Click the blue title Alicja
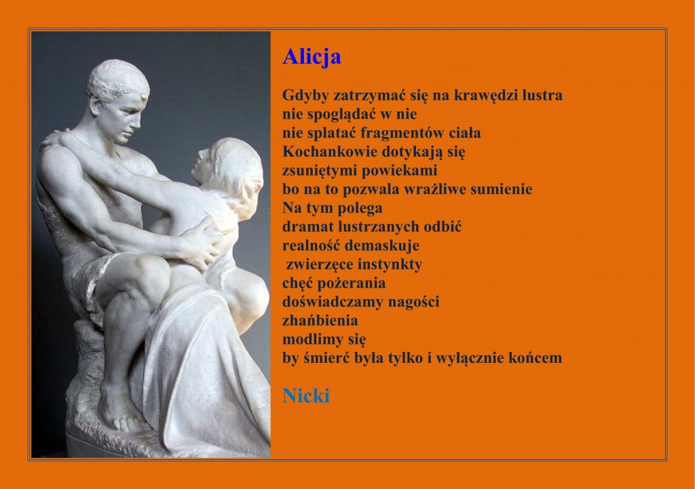(x=312, y=57)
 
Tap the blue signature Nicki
(x=306, y=395)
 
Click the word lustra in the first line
(x=542, y=95)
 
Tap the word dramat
(x=308, y=227)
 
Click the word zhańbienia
(x=320, y=321)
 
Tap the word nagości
(x=413, y=302)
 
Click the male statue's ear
(x=96, y=106)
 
